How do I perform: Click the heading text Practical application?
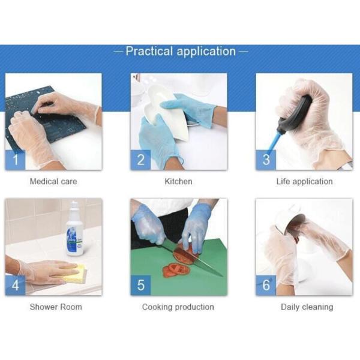click(x=180, y=52)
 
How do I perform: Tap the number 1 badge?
click(x=15, y=160)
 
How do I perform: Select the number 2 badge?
click(x=140, y=160)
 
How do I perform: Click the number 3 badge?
click(x=266, y=160)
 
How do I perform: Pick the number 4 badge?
click(x=15, y=285)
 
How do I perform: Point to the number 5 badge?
click(x=140, y=285)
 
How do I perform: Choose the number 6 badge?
click(x=266, y=285)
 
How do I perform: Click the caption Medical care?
click(x=53, y=181)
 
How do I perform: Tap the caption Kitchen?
click(x=178, y=181)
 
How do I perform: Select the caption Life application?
click(x=304, y=181)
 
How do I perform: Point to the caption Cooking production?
click(x=178, y=307)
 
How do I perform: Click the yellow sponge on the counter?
click(x=74, y=275)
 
